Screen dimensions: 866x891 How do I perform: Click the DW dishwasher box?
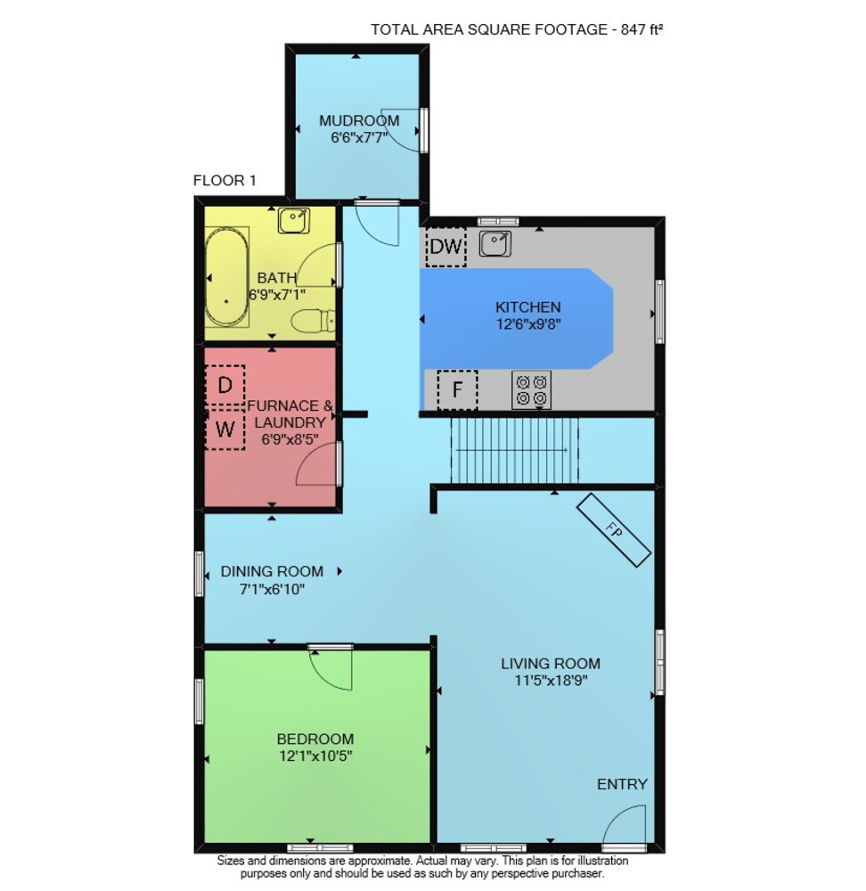pos(446,247)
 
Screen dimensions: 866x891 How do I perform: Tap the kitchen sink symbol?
pos(495,244)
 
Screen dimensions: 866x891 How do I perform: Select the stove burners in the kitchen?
pos(531,390)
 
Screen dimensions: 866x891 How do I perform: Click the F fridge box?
pos(457,390)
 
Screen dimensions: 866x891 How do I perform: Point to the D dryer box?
pos(225,385)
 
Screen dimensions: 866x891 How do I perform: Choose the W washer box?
pos(225,429)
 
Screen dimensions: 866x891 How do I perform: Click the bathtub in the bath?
pos(226,277)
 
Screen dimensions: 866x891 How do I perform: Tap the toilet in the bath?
pos(313,321)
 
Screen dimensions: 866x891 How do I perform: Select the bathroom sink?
pos(294,220)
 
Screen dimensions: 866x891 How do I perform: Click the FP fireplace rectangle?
pos(614,530)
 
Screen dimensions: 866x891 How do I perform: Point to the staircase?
pos(515,449)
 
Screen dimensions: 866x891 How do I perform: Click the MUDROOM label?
pos(359,120)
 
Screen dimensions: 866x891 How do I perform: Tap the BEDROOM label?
pos(315,739)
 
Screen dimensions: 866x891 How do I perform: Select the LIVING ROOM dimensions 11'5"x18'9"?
pos(551,680)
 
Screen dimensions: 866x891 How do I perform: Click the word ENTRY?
pos(622,784)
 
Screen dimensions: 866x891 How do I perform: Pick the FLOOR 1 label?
pos(225,181)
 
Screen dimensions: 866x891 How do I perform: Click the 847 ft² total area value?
pos(641,29)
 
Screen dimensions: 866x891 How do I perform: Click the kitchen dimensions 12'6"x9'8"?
pos(528,324)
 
